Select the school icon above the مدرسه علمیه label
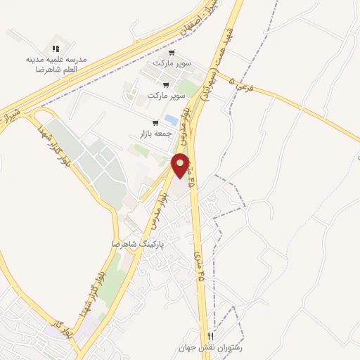pyautogui.click(x=55, y=49)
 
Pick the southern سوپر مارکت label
pyautogui.click(x=167, y=95)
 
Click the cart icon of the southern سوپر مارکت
pyautogui.click(x=166, y=85)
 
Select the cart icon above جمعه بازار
pyautogui.click(x=155, y=122)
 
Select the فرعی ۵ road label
pyautogui.click(x=240, y=86)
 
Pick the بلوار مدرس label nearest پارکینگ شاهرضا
pyautogui.click(x=157, y=212)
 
